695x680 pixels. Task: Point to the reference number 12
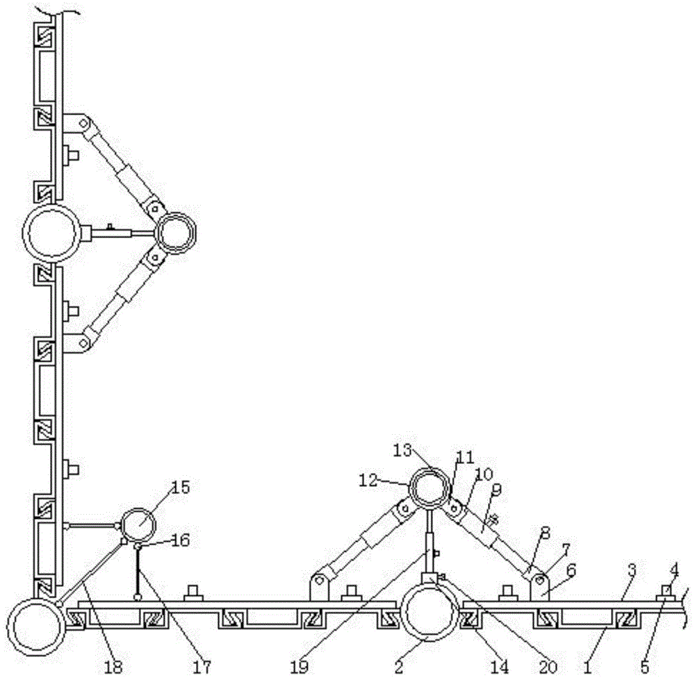pyautogui.click(x=390, y=480)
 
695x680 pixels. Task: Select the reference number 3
pyautogui.click(x=632, y=570)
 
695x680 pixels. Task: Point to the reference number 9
pyautogui.click(x=496, y=489)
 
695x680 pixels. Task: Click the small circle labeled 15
pyautogui.click(x=140, y=526)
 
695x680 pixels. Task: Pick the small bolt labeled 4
pyautogui.click(x=666, y=591)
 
